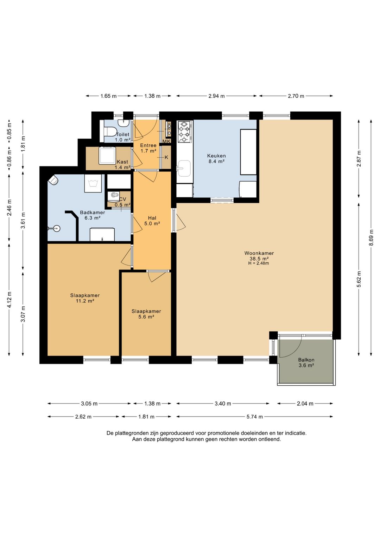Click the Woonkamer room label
[x=259, y=253]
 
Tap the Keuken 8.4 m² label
[x=216, y=158]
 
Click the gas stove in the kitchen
[x=185, y=132]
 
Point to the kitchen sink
[x=184, y=168]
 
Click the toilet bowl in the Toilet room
[x=110, y=132]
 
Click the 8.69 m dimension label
[x=371, y=237]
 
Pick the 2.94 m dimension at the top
[x=216, y=96]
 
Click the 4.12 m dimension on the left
[x=9, y=300]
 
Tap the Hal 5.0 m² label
[x=152, y=221]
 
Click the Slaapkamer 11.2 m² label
[x=85, y=298]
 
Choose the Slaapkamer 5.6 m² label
[x=146, y=314]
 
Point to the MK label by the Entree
[x=166, y=142]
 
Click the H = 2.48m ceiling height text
[x=259, y=263]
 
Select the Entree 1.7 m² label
[x=148, y=148]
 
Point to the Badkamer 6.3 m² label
[x=92, y=215]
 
